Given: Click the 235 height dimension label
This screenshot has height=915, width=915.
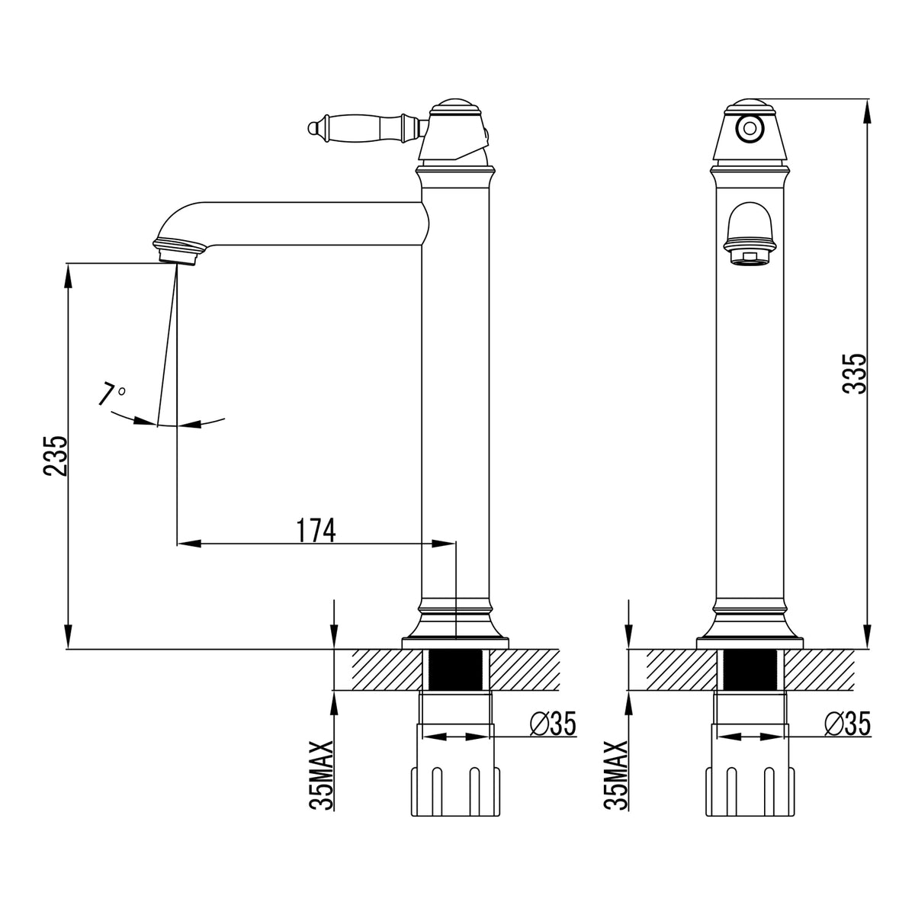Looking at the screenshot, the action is click(x=56, y=455).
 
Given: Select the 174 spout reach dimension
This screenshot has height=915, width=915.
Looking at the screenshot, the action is click(x=316, y=530).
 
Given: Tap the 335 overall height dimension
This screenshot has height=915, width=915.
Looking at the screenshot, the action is click(x=854, y=373).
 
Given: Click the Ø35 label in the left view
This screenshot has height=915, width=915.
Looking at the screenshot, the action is click(x=552, y=724).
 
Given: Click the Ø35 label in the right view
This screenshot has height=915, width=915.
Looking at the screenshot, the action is click(x=848, y=724).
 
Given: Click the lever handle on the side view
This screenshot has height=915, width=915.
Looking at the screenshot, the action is click(x=366, y=128).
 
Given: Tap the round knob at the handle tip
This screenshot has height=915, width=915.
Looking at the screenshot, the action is click(x=312, y=128).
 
